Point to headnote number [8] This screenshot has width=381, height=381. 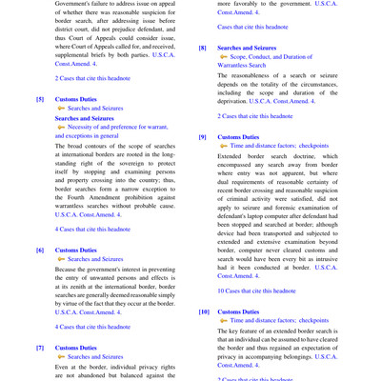(203, 48)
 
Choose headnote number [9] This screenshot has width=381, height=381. (203, 137)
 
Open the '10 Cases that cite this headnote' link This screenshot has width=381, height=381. (256, 290)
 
